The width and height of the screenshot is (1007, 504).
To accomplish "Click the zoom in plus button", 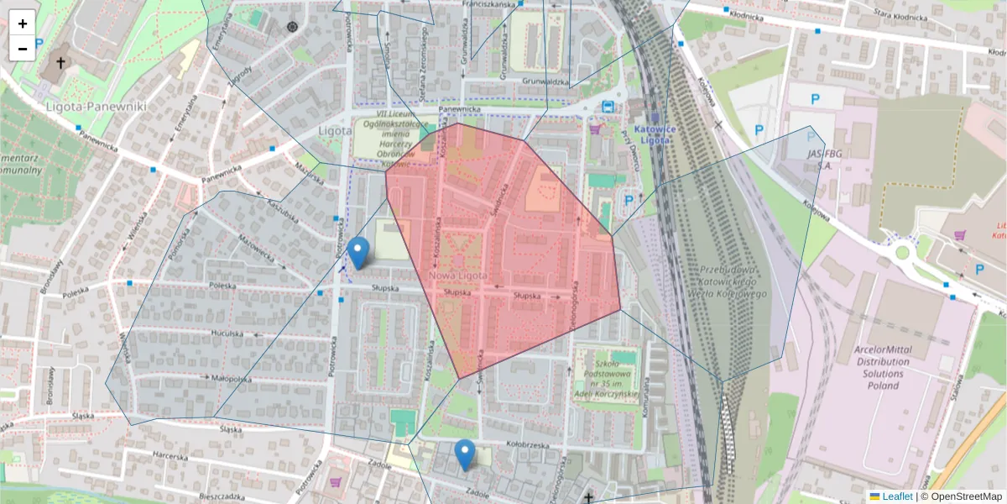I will (x=23, y=24).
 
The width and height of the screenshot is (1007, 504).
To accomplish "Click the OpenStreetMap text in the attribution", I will (x=964, y=496).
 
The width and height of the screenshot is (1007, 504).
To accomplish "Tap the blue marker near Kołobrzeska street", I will (x=464, y=454).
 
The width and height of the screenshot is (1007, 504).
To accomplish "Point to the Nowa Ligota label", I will (x=457, y=276).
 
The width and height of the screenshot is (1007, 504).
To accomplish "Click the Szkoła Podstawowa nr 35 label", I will (x=606, y=373).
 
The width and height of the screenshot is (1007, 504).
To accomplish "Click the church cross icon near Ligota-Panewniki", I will (x=60, y=62).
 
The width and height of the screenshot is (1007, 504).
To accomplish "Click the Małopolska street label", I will (x=232, y=379).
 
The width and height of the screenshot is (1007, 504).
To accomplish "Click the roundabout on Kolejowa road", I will (x=902, y=252).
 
